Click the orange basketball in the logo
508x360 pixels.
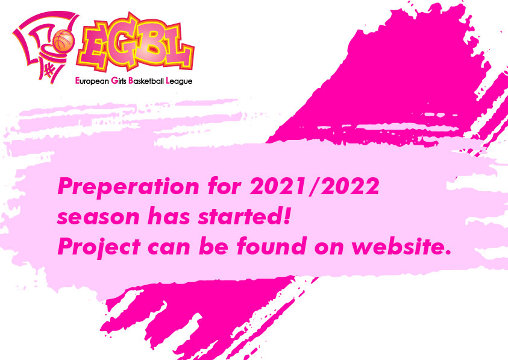coord(64,40)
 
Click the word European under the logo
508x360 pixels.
coord(92,81)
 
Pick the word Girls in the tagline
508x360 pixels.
coord(119,81)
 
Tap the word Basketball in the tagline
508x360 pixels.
coord(146,81)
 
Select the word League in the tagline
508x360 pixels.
coord(179,81)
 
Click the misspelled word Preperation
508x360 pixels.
coord(128,187)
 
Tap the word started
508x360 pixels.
coord(239,216)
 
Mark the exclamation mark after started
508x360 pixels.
coord(286,216)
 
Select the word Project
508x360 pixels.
coord(99,247)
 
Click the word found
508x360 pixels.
coord(272,246)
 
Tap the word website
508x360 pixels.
coord(398,246)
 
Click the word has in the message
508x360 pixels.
coord(169,216)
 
